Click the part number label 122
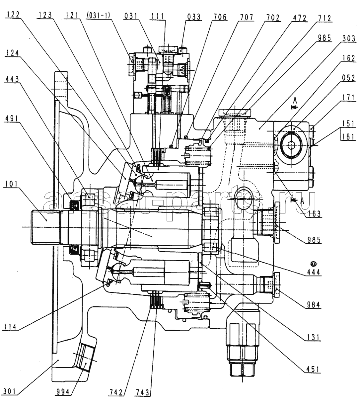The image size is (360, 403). click(14, 15)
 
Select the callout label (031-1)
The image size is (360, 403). click(98, 15)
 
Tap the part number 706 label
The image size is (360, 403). click(220, 17)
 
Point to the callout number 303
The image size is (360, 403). click(349, 38)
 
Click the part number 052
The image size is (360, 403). click(348, 78)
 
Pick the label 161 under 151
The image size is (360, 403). click(348, 137)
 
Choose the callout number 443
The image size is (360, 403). click(12, 79)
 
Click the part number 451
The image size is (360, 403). click(312, 369)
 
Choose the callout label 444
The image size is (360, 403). click(314, 272)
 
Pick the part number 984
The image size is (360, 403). click(313, 304)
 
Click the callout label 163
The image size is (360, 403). click(314, 214)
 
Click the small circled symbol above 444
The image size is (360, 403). click(313, 264)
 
